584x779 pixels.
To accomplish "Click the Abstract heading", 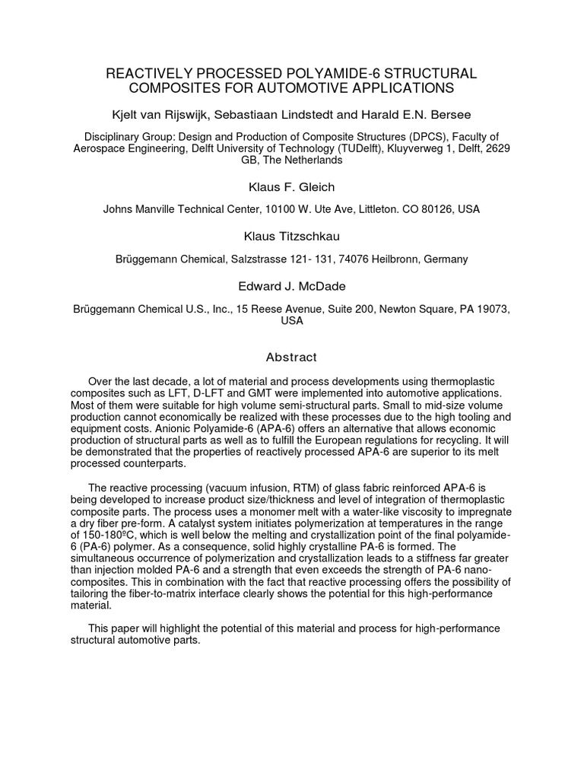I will point(291,357).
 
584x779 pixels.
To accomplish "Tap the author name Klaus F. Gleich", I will point(291,187).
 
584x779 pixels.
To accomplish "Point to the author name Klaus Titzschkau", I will point(291,237).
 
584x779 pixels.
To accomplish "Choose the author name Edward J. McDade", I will point(291,286).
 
